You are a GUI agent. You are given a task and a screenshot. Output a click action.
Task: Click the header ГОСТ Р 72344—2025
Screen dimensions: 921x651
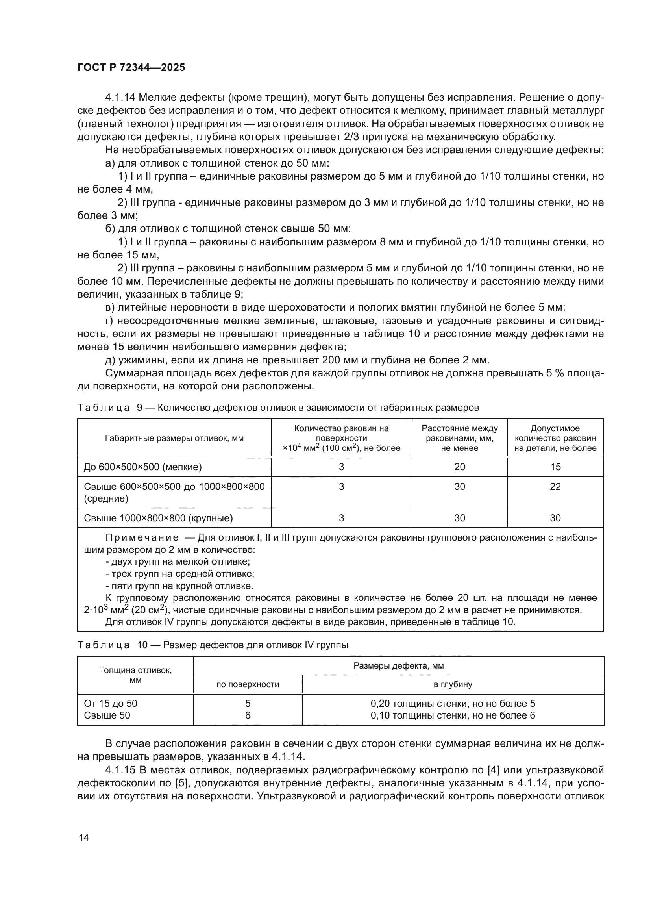131,67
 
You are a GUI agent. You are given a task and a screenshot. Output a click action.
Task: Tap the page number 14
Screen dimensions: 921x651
84,838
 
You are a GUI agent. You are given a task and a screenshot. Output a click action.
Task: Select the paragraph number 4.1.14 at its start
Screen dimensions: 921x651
120,98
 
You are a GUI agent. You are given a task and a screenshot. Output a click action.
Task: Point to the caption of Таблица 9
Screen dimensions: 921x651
278,408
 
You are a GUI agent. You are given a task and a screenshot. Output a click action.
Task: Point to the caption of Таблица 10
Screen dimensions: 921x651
213,645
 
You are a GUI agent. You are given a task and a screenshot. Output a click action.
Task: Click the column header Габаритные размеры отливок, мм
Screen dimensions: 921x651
174,438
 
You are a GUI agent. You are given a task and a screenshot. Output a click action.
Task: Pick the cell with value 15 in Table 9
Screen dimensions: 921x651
555,467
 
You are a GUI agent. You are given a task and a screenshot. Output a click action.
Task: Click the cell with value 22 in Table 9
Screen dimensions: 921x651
555,487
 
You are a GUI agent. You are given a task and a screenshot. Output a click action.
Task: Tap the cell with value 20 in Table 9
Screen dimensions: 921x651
459,467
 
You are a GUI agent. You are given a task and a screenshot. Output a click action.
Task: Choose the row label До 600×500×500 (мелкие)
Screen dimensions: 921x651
143,467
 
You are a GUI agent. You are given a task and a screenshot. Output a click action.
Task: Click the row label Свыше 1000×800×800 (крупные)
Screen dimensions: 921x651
158,518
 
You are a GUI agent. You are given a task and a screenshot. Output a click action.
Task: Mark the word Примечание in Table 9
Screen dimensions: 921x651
142,538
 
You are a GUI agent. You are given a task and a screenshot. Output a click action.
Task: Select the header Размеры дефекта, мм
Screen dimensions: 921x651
398,666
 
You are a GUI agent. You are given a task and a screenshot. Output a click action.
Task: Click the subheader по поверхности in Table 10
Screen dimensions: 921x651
248,684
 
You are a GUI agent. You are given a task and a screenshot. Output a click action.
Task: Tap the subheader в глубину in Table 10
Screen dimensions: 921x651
453,684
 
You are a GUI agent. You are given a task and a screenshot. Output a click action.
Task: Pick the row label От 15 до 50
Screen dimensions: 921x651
111,704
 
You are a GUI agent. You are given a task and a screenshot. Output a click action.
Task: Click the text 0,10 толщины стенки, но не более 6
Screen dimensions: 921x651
453,715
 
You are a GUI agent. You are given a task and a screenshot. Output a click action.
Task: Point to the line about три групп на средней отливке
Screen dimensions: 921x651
179,574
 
